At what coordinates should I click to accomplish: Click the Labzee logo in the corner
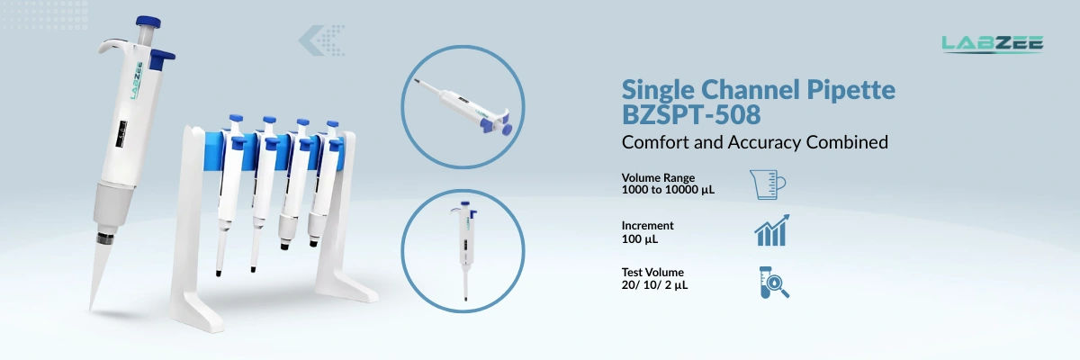pos(992,43)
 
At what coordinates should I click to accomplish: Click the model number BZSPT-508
pos(691,115)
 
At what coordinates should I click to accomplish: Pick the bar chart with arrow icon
pos(771,231)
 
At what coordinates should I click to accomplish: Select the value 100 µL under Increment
pos(640,238)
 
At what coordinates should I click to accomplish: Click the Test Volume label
pos(652,272)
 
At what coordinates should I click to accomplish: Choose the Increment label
pos(647,225)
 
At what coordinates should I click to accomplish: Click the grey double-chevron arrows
pos(322,39)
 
